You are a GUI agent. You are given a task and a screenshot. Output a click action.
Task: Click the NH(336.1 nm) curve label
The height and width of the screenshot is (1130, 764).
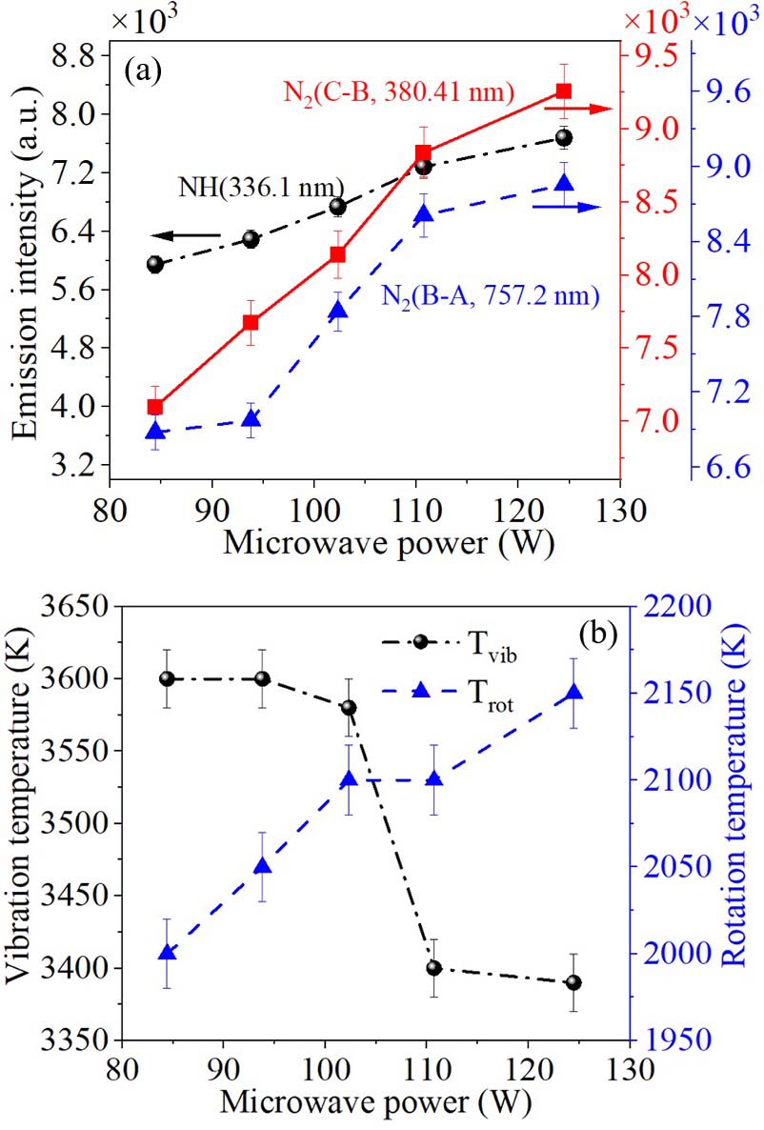point(261,187)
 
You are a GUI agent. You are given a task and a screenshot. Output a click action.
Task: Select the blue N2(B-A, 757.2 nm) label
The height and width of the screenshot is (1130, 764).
point(491,295)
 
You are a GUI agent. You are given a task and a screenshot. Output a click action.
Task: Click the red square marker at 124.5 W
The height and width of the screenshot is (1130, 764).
point(564,91)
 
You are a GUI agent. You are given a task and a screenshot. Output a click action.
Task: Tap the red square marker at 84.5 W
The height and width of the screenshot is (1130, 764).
point(155,407)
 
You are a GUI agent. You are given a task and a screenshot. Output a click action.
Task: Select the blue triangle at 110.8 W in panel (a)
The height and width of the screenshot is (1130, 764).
point(424,214)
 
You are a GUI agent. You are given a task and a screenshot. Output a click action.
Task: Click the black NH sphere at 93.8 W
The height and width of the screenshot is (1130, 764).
point(251,239)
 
